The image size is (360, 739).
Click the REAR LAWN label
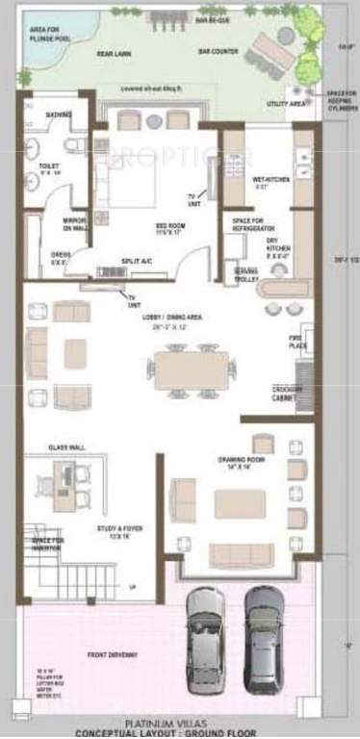point(114,56)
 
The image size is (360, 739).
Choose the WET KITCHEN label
point(267,180)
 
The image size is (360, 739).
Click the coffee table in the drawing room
point(240,504)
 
